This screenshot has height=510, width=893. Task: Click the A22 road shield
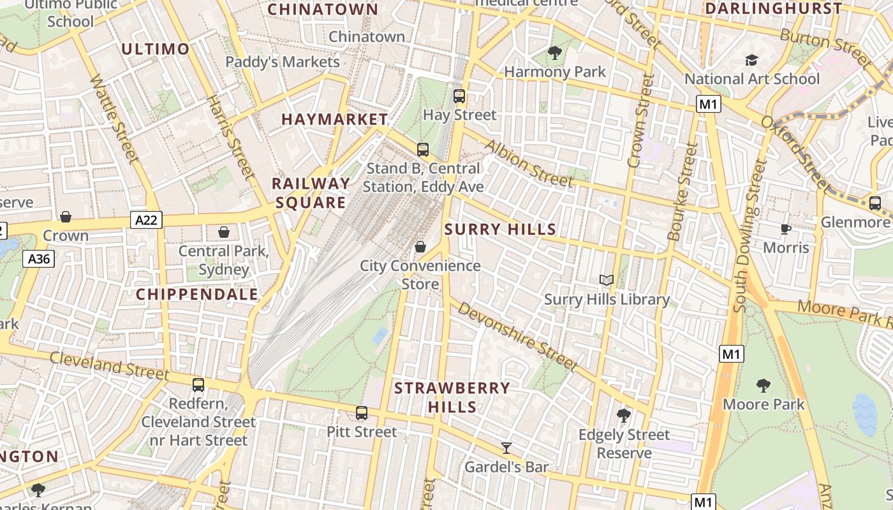[147, 221]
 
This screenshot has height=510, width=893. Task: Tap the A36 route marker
[39, 259]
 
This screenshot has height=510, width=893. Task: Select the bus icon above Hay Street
[459, 96]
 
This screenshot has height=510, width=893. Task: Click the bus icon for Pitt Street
[362, 412]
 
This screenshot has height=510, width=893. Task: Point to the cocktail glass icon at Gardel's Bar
[506, 448]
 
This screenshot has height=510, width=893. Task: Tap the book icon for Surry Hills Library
[606, 280]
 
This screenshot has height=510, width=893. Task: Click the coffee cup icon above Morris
[786, 229]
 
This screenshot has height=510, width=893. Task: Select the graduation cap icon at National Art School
[752, 60]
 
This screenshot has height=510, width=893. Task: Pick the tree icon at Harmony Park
[555, 53]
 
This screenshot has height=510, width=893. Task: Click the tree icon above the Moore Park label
[763, 385]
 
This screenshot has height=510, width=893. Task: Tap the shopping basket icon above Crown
[66, 217]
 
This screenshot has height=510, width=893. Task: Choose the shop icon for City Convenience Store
[420, 247]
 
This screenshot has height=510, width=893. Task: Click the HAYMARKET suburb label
[334, 119]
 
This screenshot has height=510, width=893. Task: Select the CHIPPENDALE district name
[197, 294]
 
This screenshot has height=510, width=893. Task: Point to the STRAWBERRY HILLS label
[452, 397]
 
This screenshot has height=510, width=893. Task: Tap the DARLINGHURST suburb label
[773, 9]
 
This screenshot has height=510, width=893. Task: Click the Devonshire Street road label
[517, 337]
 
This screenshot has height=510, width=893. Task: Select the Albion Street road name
[528, 163]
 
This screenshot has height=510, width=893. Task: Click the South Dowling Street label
[749, 236]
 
